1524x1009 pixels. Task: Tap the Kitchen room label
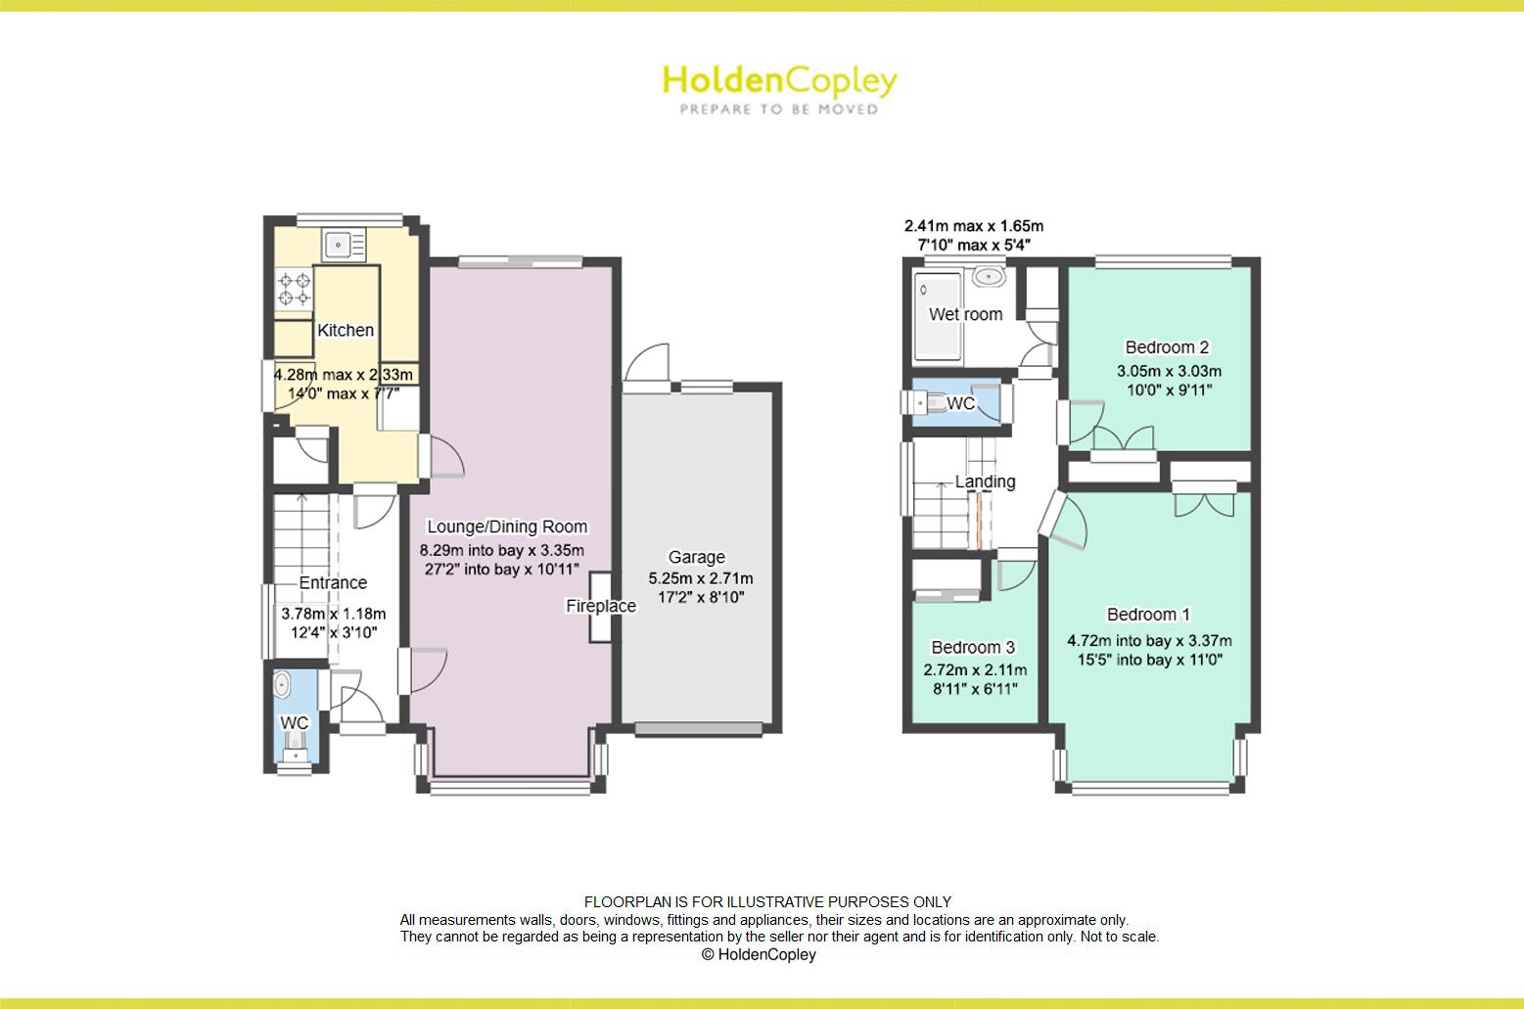[346, 331]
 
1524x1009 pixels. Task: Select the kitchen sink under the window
[339, 241]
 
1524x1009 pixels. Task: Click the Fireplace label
[601, 607]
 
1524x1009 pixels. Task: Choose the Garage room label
[697, 557]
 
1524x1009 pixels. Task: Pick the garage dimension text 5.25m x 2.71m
[700, 578]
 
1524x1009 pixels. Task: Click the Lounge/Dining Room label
[507, 527]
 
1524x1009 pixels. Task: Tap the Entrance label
[333, 583]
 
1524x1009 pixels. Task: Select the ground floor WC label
[295, 723]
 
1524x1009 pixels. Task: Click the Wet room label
[965, 314]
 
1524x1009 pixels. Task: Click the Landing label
[985, 482]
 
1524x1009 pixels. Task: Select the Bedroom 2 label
[1167, 347]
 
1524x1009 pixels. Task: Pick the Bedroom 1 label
[1148, 615]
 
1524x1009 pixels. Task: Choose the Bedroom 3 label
[973, 648]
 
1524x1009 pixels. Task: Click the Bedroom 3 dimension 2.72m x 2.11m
[975, 670]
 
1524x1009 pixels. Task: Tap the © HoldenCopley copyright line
[759, 955]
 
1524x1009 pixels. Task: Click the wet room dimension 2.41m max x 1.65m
[973, 226]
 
